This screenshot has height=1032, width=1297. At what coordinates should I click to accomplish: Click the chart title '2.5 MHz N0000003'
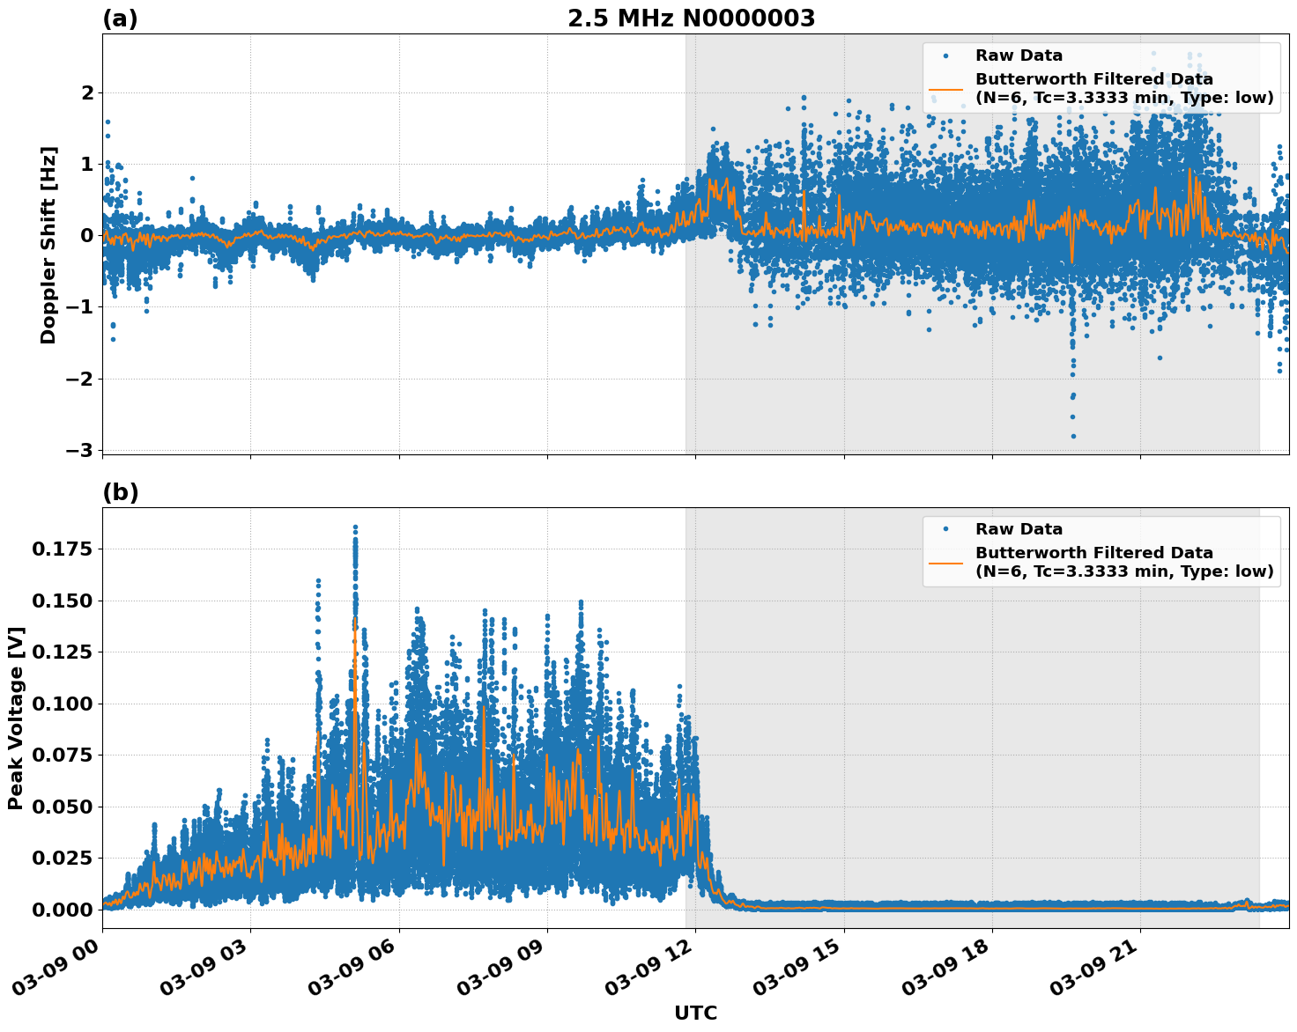pyautogui.click(x=691, y=18)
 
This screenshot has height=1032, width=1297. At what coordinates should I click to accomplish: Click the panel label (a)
pyautogui.click(x=120, y=18)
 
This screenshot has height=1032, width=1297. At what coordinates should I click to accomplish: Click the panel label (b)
pyautogui.click(x=120, y=492)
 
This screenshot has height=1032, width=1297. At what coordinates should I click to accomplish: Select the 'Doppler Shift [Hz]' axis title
pyautogui.click(x=48, y=245)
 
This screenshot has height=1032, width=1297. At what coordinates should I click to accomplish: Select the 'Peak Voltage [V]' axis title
pyautogui.click(x=16, y=718)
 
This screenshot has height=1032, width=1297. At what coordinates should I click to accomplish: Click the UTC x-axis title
pyautogui.click(x=695, y=1013)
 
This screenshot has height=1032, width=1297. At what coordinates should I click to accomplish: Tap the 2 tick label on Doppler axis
pyautogui.click(x=86, y=92)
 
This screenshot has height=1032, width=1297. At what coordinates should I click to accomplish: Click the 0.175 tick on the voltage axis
pyautogui.click(x=61, y=549)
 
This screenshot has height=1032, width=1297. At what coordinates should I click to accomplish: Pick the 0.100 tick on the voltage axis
pyautogui.click(x=61, y=704)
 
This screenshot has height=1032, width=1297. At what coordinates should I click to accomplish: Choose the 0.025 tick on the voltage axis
pyautogui.click(x=61, y=858)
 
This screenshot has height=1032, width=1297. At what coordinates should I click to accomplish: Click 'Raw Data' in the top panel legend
pyautogui.click(x=1019, y=55)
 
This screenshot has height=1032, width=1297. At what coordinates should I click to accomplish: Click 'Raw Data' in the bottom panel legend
pyautogui.click(x=1019, y=529)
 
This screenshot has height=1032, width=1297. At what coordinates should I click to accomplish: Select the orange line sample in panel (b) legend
pyautogui.click(x=945, y=562)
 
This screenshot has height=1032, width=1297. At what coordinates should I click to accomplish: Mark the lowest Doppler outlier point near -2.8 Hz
pyautogui.click(x=1072, y=436)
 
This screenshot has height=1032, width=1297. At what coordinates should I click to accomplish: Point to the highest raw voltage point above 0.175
pyautogui.click(x=355, y=527)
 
